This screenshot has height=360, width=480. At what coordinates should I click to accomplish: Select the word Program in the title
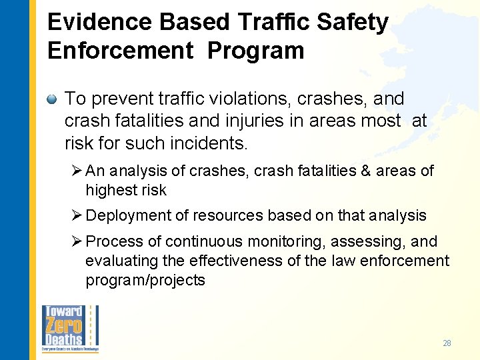click(x=255, y=51)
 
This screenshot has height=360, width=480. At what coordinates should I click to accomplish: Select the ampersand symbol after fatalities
click(x=366, y=171)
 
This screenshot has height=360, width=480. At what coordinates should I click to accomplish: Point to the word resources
click(x=233, y=215)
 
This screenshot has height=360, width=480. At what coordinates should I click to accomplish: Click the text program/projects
click(x=145, y=280)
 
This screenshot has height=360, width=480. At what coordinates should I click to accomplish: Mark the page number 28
click(x=447, y=343)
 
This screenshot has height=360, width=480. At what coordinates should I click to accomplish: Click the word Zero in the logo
click(x=63, y=327)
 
